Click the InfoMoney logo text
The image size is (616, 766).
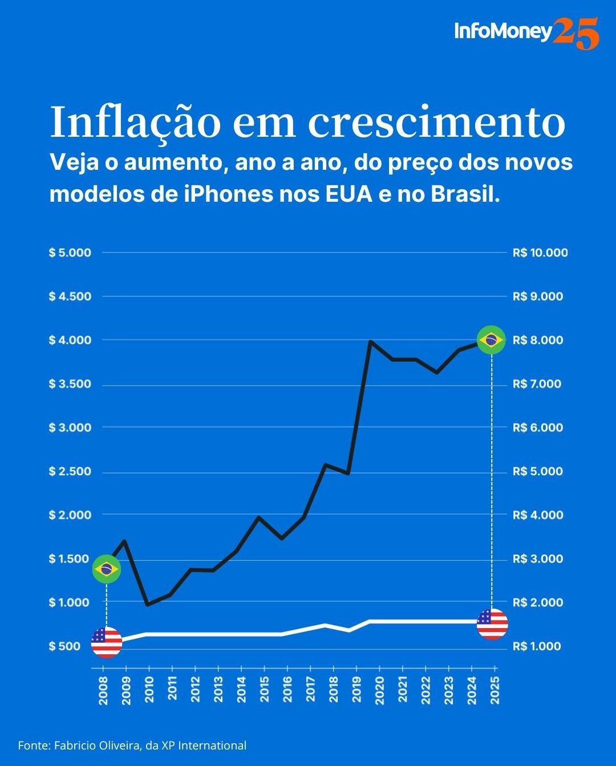502,31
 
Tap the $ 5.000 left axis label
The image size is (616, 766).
70,252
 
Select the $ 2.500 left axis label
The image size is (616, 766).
70,471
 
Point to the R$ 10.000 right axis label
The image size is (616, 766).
540,252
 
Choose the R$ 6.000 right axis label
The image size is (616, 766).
537,427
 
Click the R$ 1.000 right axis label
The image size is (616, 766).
537,646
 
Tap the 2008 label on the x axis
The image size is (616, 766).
103,690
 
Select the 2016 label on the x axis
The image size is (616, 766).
287,690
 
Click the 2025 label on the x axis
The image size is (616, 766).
495,690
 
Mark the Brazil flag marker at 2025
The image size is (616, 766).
491,340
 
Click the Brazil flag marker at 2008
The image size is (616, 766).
107,569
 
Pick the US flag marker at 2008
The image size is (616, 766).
107,642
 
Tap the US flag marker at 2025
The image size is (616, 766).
492,624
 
